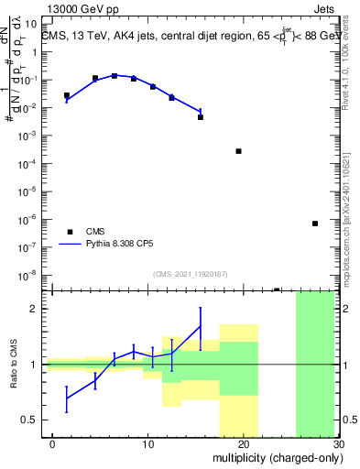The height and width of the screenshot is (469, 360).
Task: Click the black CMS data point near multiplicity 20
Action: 238,151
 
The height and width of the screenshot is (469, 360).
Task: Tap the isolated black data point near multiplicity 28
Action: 314,224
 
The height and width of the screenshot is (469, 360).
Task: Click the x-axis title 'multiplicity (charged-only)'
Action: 276,459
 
